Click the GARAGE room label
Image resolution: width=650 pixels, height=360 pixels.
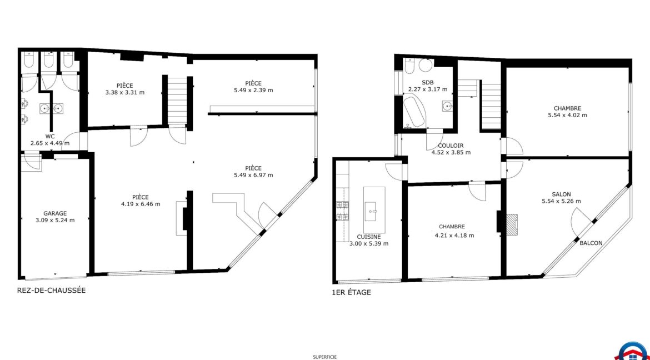(x=54, y=213)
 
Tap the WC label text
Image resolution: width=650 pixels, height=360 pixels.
(x=50, y=136)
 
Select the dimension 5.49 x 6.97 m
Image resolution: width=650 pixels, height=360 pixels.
(x=253, y=175)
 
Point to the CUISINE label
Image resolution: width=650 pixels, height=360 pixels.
(x=369, y=237)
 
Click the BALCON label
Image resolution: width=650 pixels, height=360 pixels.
(x=591, y=243)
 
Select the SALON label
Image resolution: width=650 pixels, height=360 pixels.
(x=561, y=194)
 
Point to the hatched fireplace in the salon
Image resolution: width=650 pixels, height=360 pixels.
(x=512, y=224)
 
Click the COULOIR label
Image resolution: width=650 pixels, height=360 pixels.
(x=451, y=146)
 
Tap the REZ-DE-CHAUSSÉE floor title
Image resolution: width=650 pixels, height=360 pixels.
(x=52, y=291)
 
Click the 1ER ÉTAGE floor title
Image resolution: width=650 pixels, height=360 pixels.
(x=352, y=292)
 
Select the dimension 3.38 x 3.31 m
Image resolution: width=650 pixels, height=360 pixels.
(x=125, y=92)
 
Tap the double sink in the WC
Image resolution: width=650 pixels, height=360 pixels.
(x=52, y=109)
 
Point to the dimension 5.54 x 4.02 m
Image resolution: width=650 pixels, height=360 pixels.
(x=567, y=116)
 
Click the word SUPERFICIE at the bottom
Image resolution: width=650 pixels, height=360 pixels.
(x=324, y=356)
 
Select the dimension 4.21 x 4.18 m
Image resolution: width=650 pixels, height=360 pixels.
(x=454, y=235)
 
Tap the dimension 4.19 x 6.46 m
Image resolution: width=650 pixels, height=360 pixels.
(x=140, y=204)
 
